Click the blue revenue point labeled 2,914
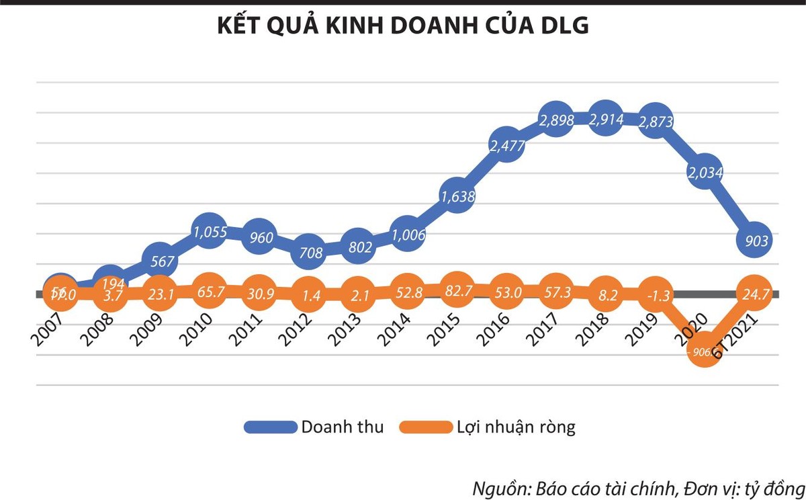606,120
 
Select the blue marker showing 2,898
556,122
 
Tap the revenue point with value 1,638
457,196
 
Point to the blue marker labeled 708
308,253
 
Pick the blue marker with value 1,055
210,232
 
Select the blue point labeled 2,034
705,172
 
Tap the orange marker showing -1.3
655,294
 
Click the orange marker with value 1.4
308,294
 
